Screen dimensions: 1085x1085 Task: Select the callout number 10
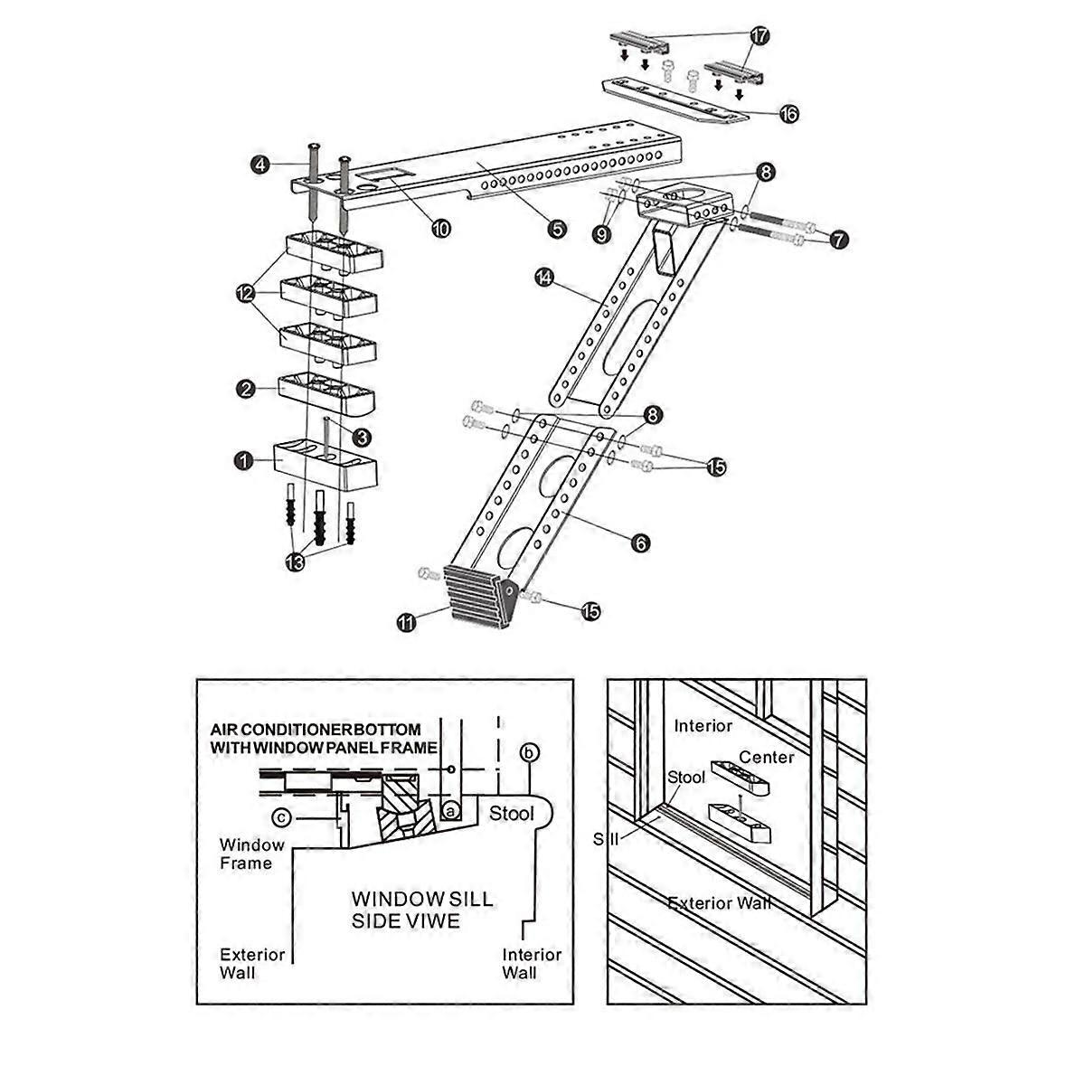click(x=440, y=229)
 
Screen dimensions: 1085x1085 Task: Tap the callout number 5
click(x=557, y=230)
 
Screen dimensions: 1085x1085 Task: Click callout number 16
click(x=788, y=114)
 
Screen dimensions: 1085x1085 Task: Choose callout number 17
click(x=758, y=36)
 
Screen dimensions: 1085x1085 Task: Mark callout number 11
click(x=406, y=621)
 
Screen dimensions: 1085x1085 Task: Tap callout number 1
click(x=242, y=461)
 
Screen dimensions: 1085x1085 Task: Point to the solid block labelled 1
click(x=321, y=463)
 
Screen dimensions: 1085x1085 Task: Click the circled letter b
click(x=531, y=752)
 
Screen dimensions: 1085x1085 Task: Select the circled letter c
click(x=283, y=817)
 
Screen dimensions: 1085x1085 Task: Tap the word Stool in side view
click(x=512, y=813)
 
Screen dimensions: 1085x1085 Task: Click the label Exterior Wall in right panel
click(x=719, y=902)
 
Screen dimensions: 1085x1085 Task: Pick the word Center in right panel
click(x=766, y=756)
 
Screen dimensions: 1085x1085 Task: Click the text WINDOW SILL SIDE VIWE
click(x=421, y=910)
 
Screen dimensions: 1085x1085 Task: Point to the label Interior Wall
click(x=532, y=963)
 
